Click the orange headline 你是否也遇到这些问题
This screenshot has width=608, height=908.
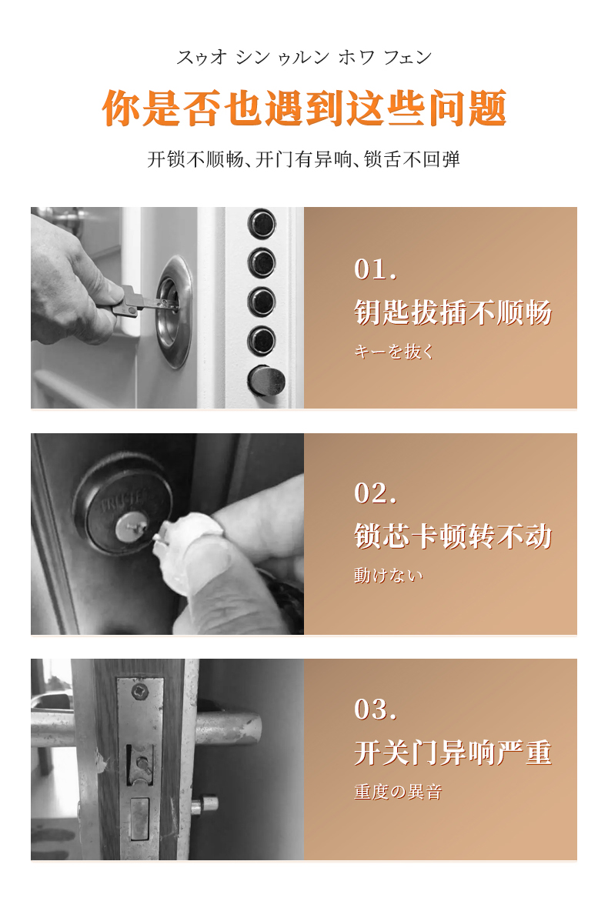coord(304,108)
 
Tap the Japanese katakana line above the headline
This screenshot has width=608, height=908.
coord(304,57)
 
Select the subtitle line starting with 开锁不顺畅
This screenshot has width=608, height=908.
coord(304,159)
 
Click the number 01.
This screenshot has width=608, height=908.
coord(376,269)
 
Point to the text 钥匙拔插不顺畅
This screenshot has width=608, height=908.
coord(453,312)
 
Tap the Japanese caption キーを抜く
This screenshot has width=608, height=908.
coord(394,352)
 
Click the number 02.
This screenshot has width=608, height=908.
coord(376,492)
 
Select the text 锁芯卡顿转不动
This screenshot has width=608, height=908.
coord(453,536)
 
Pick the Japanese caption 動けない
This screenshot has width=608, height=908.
coord(389,575)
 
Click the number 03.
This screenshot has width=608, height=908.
coord(376,709)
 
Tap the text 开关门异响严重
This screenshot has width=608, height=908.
coord(453,753)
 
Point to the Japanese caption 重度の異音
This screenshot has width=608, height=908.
coord(398,792)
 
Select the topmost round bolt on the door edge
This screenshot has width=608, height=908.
coord(262,223)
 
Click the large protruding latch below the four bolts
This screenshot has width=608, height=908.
coord(267,381)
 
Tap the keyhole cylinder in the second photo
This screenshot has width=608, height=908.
coord(131,528)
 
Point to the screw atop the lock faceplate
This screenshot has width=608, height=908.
coord(139,690)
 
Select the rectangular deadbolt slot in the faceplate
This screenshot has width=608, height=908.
coord(139,818)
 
